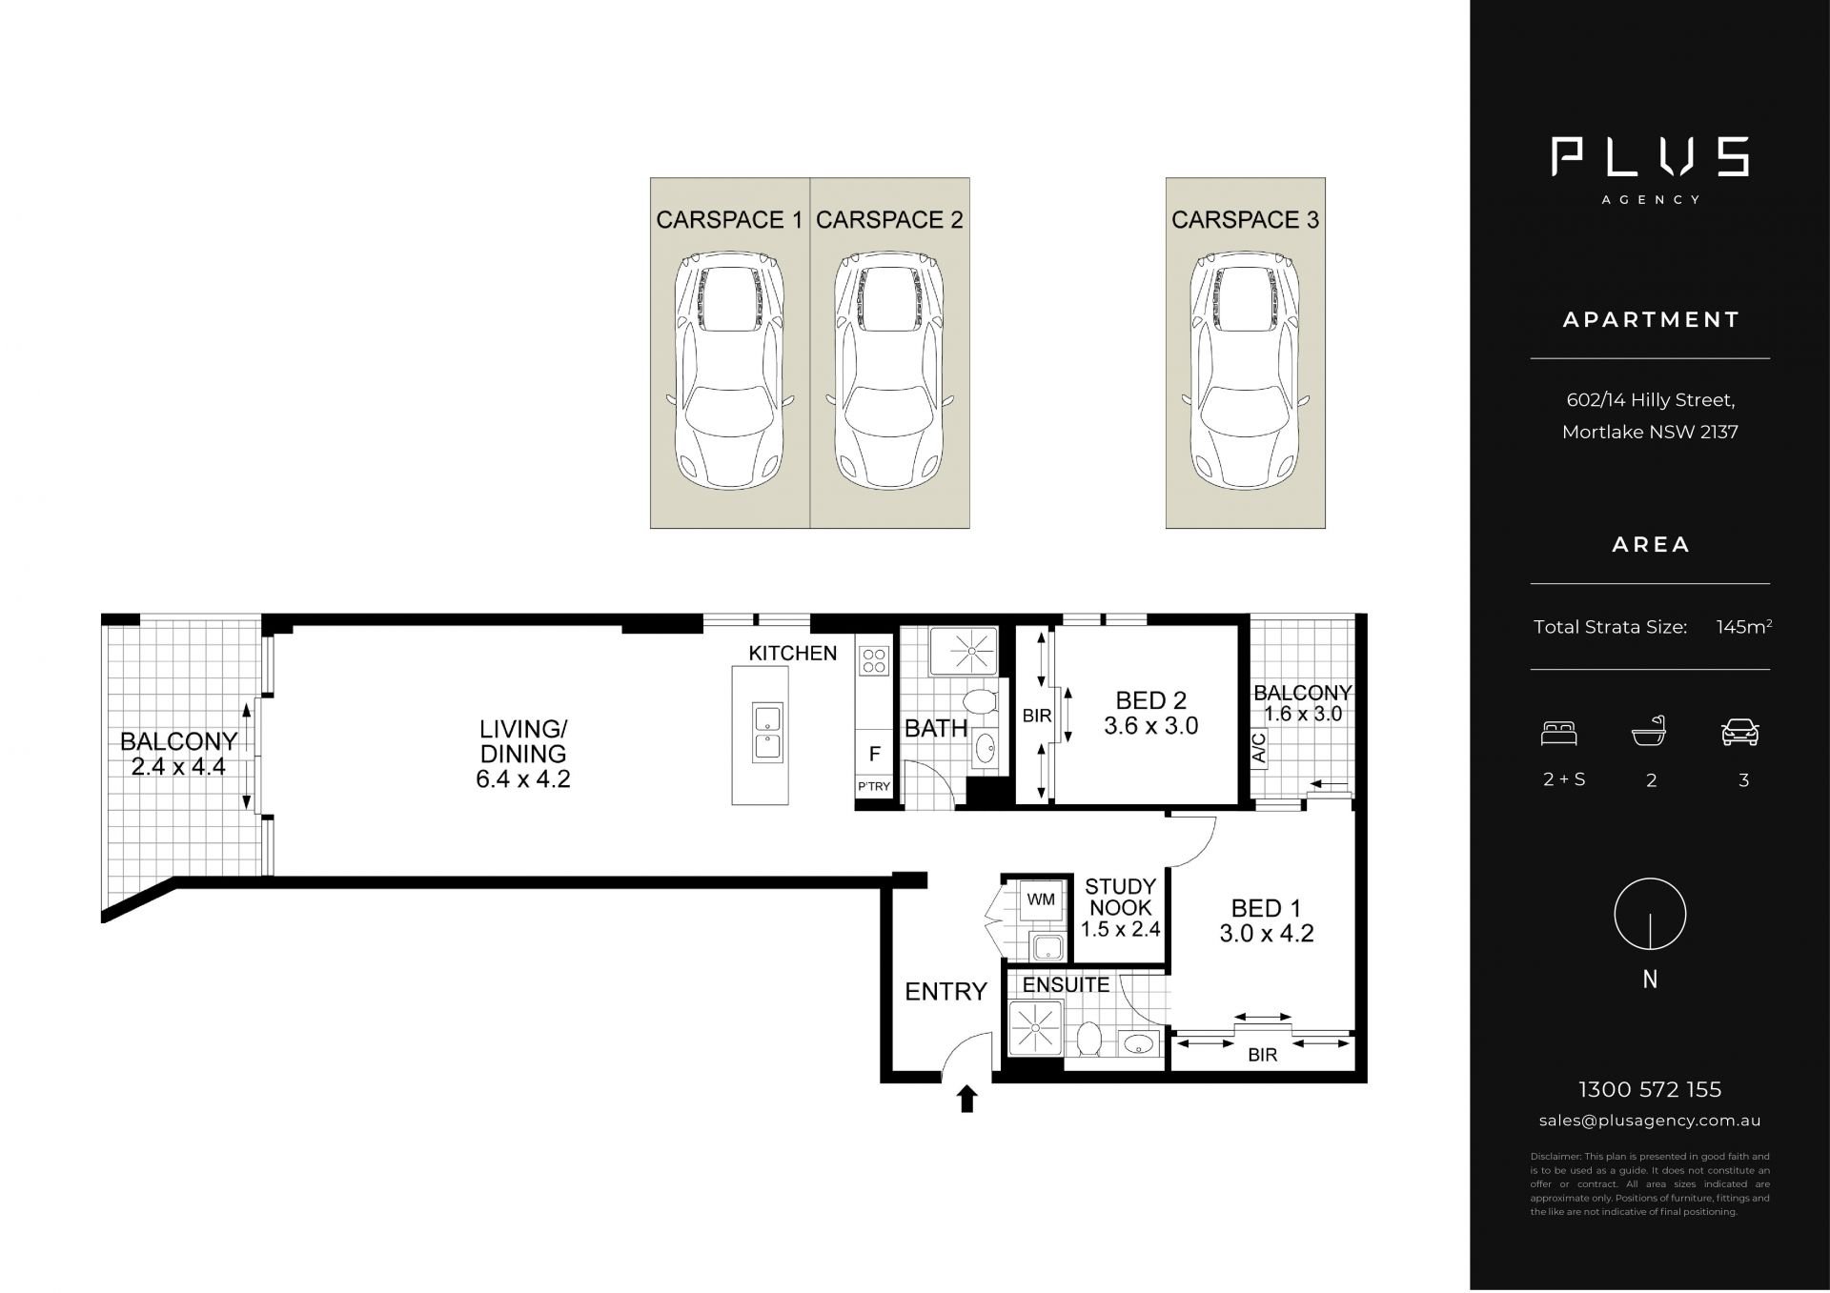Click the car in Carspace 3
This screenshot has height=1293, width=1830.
(1246, 372)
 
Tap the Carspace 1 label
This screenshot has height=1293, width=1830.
(729, 220)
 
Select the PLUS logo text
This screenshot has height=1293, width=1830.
(1650, 157)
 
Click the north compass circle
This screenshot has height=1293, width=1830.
(1650, 914)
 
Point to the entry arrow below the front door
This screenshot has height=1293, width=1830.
(967, 1099)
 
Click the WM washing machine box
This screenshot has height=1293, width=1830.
(1041, 899)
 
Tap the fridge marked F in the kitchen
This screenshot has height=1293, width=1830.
(874, 754)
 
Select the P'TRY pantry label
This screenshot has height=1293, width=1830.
(874, 787)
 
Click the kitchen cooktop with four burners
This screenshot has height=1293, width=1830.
(875, 659)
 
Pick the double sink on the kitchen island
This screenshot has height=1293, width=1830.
(767, 733)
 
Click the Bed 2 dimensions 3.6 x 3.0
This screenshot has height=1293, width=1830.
(1151, 726)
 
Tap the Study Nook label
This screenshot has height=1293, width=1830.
(1121, 898)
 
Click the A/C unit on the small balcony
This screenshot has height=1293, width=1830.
(1259, 749)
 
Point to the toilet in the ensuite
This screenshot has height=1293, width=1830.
(1088, 1038)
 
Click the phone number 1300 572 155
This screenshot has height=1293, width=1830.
(1650, 1089)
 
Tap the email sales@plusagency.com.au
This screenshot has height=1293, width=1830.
(1650, 1121)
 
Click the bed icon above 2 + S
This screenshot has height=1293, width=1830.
(1559, 732)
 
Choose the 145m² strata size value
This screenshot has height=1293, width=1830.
(1743, 627)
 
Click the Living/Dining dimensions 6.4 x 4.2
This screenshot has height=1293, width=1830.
(523, 779)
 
